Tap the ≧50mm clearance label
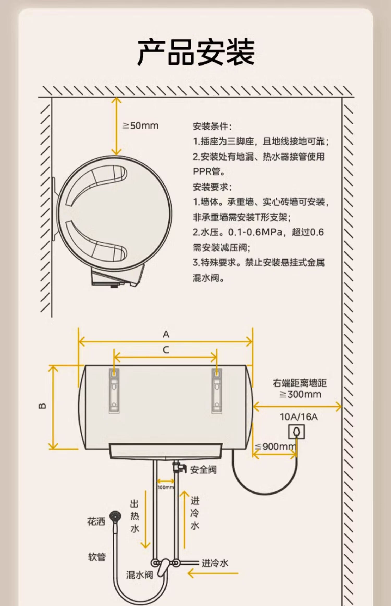tap(140, 126)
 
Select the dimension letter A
tap(166, 334)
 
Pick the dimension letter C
tap(166, 350)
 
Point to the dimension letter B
tap(42, 406)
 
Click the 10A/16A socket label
tap(299, 417)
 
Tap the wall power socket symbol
tap(296, 432)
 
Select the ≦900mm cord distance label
tap(275, 447)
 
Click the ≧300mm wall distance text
tap(300, 394)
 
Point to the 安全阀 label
tap(203, 470)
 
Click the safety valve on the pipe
tap(179, 467)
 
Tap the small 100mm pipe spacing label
tap(166, 487)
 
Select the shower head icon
tap(115, 516)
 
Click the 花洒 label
tap(96, 522)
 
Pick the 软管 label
tap(97, 557)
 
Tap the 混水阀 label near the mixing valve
tap(139, 575)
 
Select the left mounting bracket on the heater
tap(114, 391)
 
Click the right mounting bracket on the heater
tap(217, 391)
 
